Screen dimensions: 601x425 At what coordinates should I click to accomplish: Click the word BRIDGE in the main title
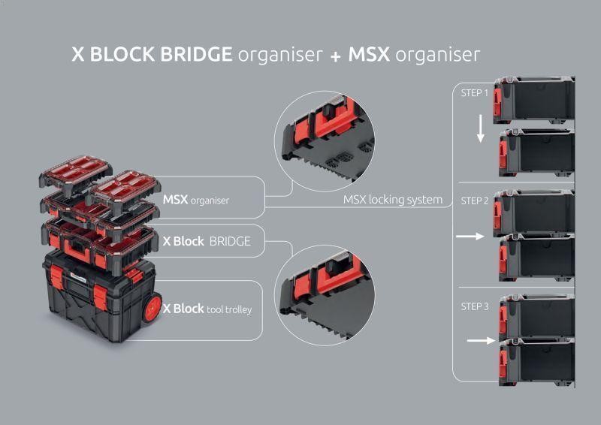(196, 54)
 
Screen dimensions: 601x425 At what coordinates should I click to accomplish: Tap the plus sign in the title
(335, 57)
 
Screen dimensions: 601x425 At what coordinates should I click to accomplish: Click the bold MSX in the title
(369, 54)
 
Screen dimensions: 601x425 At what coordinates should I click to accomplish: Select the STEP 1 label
(475, 93)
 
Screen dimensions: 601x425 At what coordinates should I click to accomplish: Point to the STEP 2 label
(475, 200)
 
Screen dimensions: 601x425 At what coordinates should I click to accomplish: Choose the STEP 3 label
(475, 306)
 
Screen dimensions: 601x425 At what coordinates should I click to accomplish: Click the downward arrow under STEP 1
(481, 128)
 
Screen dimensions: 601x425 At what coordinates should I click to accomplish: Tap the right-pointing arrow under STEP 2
(470, 236)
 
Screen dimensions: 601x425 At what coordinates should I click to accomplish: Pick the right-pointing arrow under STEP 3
(481, 340)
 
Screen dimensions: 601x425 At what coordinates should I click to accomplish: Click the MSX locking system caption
(392, 200)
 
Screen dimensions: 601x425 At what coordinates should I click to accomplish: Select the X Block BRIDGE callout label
(207, 242)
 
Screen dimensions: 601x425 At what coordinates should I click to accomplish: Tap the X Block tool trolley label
(207, 309)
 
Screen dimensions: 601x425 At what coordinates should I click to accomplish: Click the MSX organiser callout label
(196, 200)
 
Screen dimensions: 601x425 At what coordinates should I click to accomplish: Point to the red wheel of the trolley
(152, 307)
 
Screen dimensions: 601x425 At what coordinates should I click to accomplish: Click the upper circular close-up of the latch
(325, 141)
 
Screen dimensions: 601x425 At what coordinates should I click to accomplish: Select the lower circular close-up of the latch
(325, 295)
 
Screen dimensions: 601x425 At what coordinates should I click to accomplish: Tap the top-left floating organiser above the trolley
(76, 175)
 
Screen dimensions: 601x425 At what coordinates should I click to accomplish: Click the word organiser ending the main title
(437, 55)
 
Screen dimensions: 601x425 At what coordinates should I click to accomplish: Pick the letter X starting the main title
(78, 54)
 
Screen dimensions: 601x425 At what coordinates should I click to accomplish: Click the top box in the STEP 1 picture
(534, 100)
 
